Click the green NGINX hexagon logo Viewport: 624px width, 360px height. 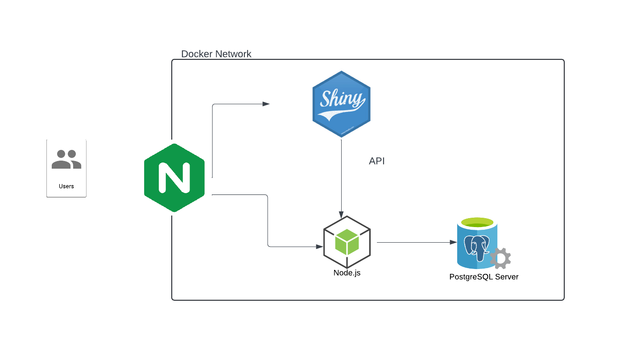click(174, 178)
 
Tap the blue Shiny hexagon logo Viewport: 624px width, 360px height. click(341, 103)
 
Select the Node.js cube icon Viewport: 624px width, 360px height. click(347, 242)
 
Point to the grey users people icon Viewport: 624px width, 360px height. click(66, 160)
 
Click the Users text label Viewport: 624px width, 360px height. click(66, 186)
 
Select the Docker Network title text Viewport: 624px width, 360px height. click(216, 54)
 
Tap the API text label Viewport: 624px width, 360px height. click(377, 161)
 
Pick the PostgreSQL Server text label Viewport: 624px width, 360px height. click(484, 277)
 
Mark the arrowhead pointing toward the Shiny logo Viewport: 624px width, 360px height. click(266, 104)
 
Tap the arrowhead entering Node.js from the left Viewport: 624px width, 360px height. click(319, 246)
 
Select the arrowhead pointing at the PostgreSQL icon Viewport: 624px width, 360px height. click(453, 242)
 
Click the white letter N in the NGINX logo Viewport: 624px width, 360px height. click(174, 178)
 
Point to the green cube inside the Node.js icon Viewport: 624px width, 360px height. click(347, 242)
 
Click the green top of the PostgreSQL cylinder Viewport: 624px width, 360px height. click(477, 223)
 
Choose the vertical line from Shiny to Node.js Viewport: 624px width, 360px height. click(341, 174)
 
